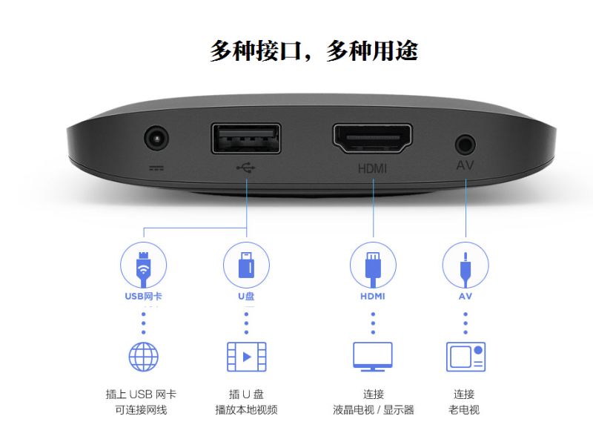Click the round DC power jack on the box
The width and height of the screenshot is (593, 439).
click(156, 138)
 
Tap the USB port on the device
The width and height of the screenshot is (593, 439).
click(246, 139)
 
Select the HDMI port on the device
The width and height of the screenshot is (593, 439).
click(373, 139)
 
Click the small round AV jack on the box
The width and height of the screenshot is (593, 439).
click(466, 145)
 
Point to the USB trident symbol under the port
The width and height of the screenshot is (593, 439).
click(246, 168)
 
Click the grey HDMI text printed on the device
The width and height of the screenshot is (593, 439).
click(373, 168)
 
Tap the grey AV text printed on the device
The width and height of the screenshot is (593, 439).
click(466, 165)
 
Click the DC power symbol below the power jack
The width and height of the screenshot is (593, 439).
click(156, 168)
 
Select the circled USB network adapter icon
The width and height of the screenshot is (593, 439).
click(143, 265)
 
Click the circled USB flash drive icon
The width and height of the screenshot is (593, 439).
click(246, 265)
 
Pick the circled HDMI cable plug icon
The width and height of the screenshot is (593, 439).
click(373, 265)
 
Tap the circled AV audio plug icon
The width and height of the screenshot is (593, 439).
click(466, 265)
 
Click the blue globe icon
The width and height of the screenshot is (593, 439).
click(143, 357)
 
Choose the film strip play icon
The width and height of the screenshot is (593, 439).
click(247, 357)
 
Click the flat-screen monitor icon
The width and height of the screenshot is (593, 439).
click(373, 357)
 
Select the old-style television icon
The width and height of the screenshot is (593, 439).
click(466, 357)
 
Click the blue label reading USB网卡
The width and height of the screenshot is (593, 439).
click(143, 296)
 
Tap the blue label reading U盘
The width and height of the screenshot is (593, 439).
click(246, 296)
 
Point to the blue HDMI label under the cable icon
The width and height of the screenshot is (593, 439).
click(373, 296)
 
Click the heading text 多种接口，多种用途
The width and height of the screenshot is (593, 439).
click(314, 50)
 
